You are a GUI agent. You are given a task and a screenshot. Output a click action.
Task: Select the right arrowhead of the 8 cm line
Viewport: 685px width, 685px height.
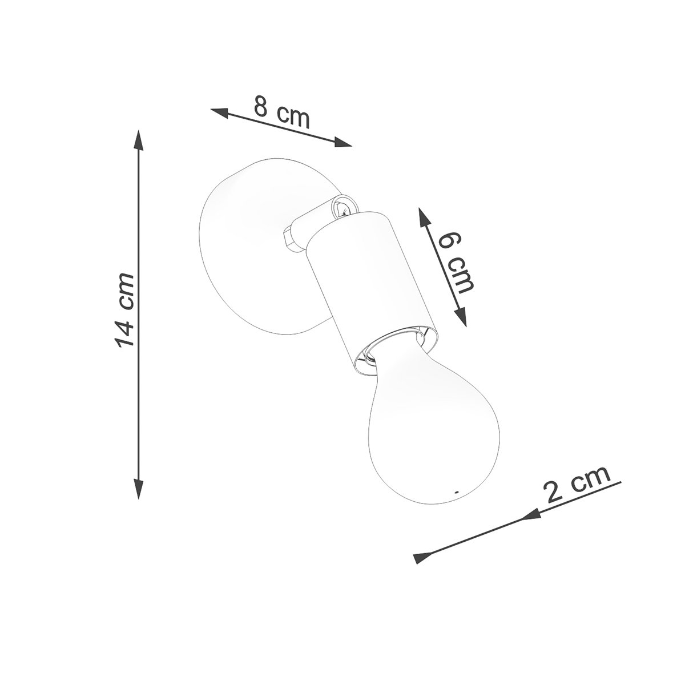pyautogui.click(x=341, y=142)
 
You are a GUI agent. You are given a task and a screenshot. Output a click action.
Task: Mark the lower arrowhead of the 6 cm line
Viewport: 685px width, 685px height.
pyautogui.click(x=461, y=316)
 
